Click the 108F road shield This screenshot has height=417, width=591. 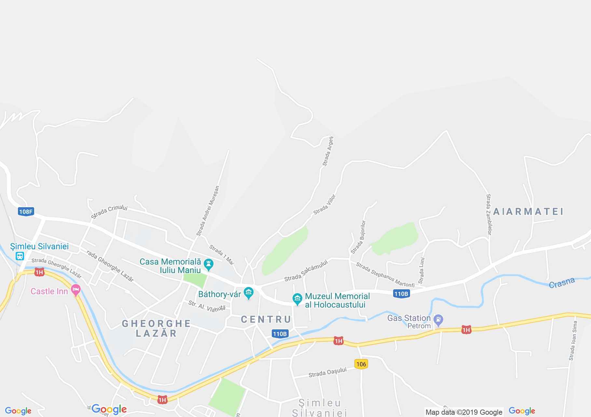26,212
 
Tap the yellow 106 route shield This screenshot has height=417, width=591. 361,364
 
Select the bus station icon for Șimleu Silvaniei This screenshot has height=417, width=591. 20,256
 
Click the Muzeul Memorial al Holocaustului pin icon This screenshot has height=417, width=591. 297,299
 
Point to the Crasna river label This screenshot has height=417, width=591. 562,283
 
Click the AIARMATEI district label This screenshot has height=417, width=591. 528,212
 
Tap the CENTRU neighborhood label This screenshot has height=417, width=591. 266,319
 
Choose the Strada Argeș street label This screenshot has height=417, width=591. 328,151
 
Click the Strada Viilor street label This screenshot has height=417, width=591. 324,205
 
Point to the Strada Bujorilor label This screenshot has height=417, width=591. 358,237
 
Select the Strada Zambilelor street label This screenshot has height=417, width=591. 488,214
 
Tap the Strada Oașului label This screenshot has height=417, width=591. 327,372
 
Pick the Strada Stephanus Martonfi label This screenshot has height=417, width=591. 385,275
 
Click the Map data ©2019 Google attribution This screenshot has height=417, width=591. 464,412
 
